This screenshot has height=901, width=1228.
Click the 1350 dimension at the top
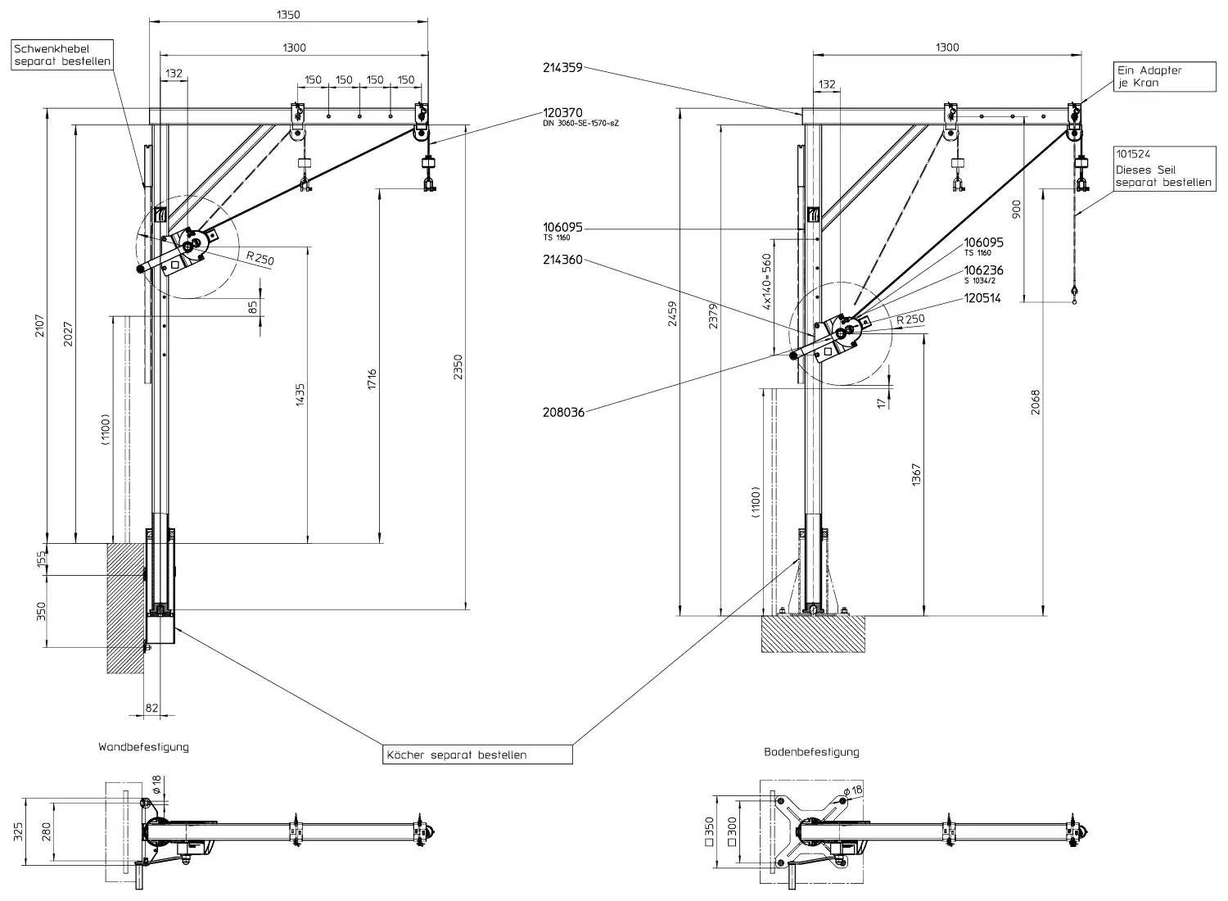click(288, 15)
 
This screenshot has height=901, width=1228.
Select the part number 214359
click(562, 68)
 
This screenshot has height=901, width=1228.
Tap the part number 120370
click(562, 113)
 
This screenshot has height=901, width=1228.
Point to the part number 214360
click(562, 260)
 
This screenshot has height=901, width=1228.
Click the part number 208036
click(563, 412)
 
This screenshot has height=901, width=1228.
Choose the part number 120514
click(982, 298)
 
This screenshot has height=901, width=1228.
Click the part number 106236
click(983, 270)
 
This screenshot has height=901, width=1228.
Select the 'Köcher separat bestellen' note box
click(477, 754)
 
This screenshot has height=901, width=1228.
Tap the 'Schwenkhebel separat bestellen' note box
click(62, 55)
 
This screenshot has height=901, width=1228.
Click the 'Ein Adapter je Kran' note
click(1165, 76)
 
